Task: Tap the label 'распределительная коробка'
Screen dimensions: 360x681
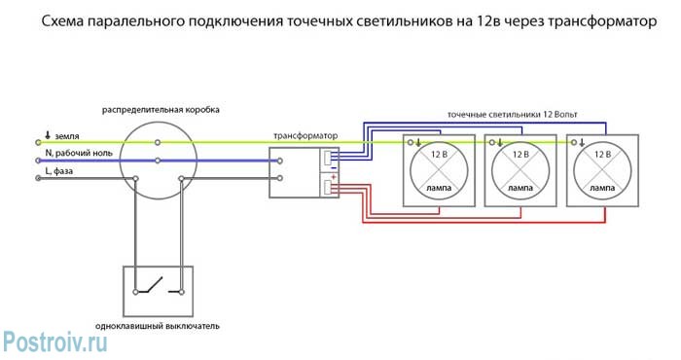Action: tap(161, 110)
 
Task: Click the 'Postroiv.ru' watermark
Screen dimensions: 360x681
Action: tap(54, 340)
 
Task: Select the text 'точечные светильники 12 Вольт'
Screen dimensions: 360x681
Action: tap(512, 114)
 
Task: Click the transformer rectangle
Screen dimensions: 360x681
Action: tap(304, 172)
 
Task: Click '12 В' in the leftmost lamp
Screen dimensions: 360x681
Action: tap(439, 154)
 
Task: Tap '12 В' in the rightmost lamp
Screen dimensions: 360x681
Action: tap(602, 154)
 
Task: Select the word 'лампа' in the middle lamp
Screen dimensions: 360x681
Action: tap(520, 185)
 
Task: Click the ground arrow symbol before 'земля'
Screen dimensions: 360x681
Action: tap(47, 135)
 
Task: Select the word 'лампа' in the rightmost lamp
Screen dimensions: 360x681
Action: tap(602, 185)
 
